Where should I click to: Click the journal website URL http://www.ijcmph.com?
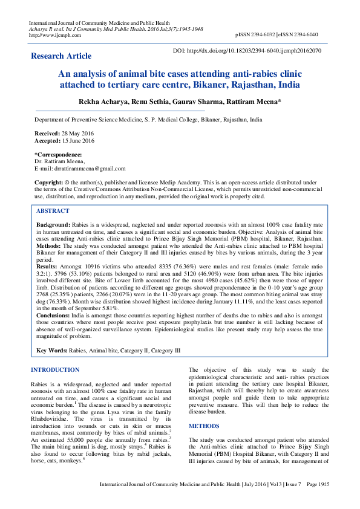pyautogui.click(x=51, y=35)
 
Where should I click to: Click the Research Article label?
pyautogui.click(x=61, y=56)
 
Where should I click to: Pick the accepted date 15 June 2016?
pyautogui.click(x=78, y=141)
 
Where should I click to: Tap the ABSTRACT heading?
pyautogui.click(x=53, y=211)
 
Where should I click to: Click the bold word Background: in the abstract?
pyautogui.click(x=53, y=224)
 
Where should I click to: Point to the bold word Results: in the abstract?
pyautogui.click(x=48, y=265)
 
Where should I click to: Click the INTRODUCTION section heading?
pyautogui.click(x=54, y=369)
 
